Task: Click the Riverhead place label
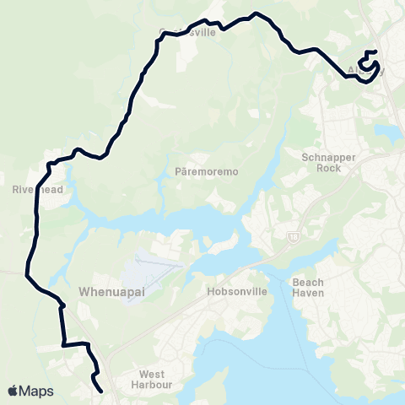pyautogui.click(x=34, y=190)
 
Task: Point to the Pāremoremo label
pyautogui.click(x=207, y=171)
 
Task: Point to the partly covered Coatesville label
pyautogui.click(x=188, y=33)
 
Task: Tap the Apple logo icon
pyautogui.click(x=13, y=391)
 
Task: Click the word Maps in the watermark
pyautogui.click(x=37, y=391)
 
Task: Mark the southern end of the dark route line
pyautogui.click(x=101, y=391)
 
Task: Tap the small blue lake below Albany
pyautogui.click(x=391, y=133)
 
